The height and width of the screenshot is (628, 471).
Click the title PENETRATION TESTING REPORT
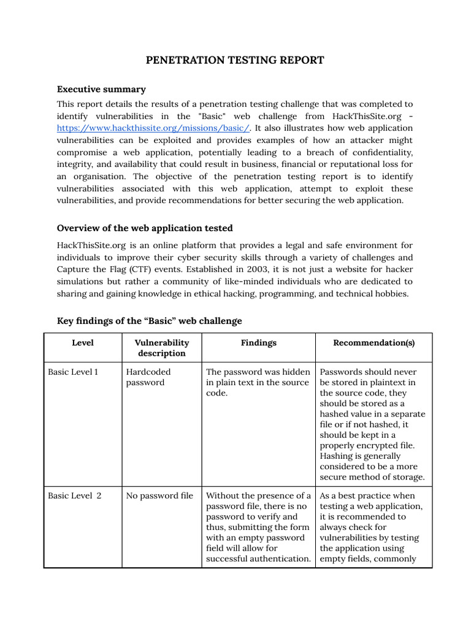tap(235, 60)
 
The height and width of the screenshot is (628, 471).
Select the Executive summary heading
tap(101, 90)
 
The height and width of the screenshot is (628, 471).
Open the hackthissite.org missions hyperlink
tap(153, 128)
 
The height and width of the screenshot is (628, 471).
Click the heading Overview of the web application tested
tap(145, 228)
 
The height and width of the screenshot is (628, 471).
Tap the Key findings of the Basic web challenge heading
tap(149, 321)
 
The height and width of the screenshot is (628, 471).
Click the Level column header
tap(83, 343)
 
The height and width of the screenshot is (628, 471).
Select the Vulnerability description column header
tap(161, 348)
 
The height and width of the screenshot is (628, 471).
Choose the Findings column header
tap(258, 343)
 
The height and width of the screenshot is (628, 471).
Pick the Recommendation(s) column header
tap(373, 343)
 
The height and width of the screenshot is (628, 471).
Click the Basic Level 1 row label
tap(73, 372)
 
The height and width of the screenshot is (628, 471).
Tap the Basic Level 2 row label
tap(74, 496)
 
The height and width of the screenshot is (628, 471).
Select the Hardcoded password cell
tap(148, 377)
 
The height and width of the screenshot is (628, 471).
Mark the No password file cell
tap(159, 496)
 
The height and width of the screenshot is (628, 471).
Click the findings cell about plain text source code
tap(258, 382)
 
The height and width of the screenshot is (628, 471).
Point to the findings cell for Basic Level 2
tap(258, 527)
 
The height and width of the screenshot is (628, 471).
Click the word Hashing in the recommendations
tap(337, 456)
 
